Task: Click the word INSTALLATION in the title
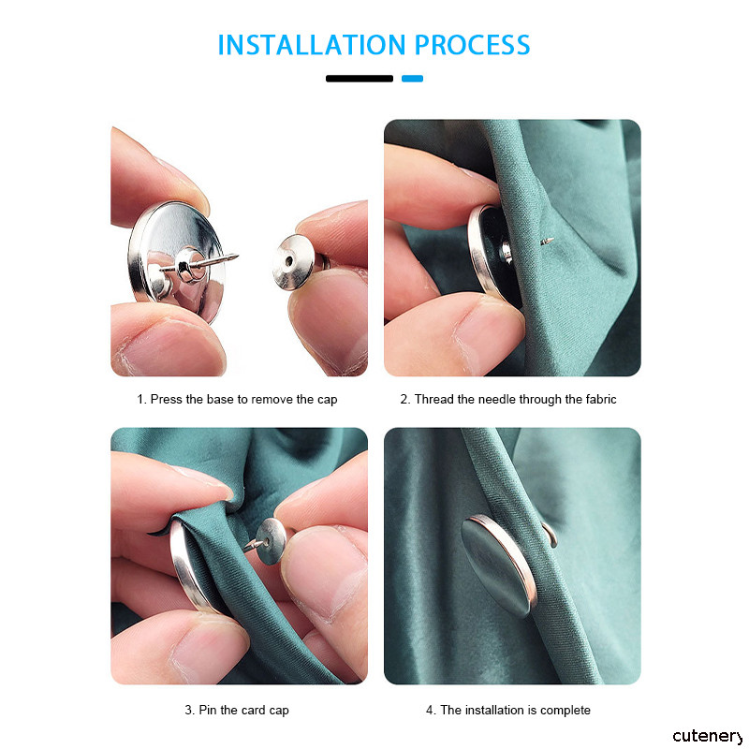tap(312, 45)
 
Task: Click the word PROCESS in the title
tap(473, 45)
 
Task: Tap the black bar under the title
tap(360, 79)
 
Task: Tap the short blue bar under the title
tap(412, 79)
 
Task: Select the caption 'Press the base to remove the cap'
tap(243, 400)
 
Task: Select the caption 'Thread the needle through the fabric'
tap(516, 400)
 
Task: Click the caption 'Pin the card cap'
tap(243, 711)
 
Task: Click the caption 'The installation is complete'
tap(516, 711)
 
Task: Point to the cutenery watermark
tap(708, 736)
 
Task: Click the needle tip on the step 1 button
tap(236, 257)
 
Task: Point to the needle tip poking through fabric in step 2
tap(548, 242)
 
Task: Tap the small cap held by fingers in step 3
tap(270, 540)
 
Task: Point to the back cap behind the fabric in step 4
tap(551, 535)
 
